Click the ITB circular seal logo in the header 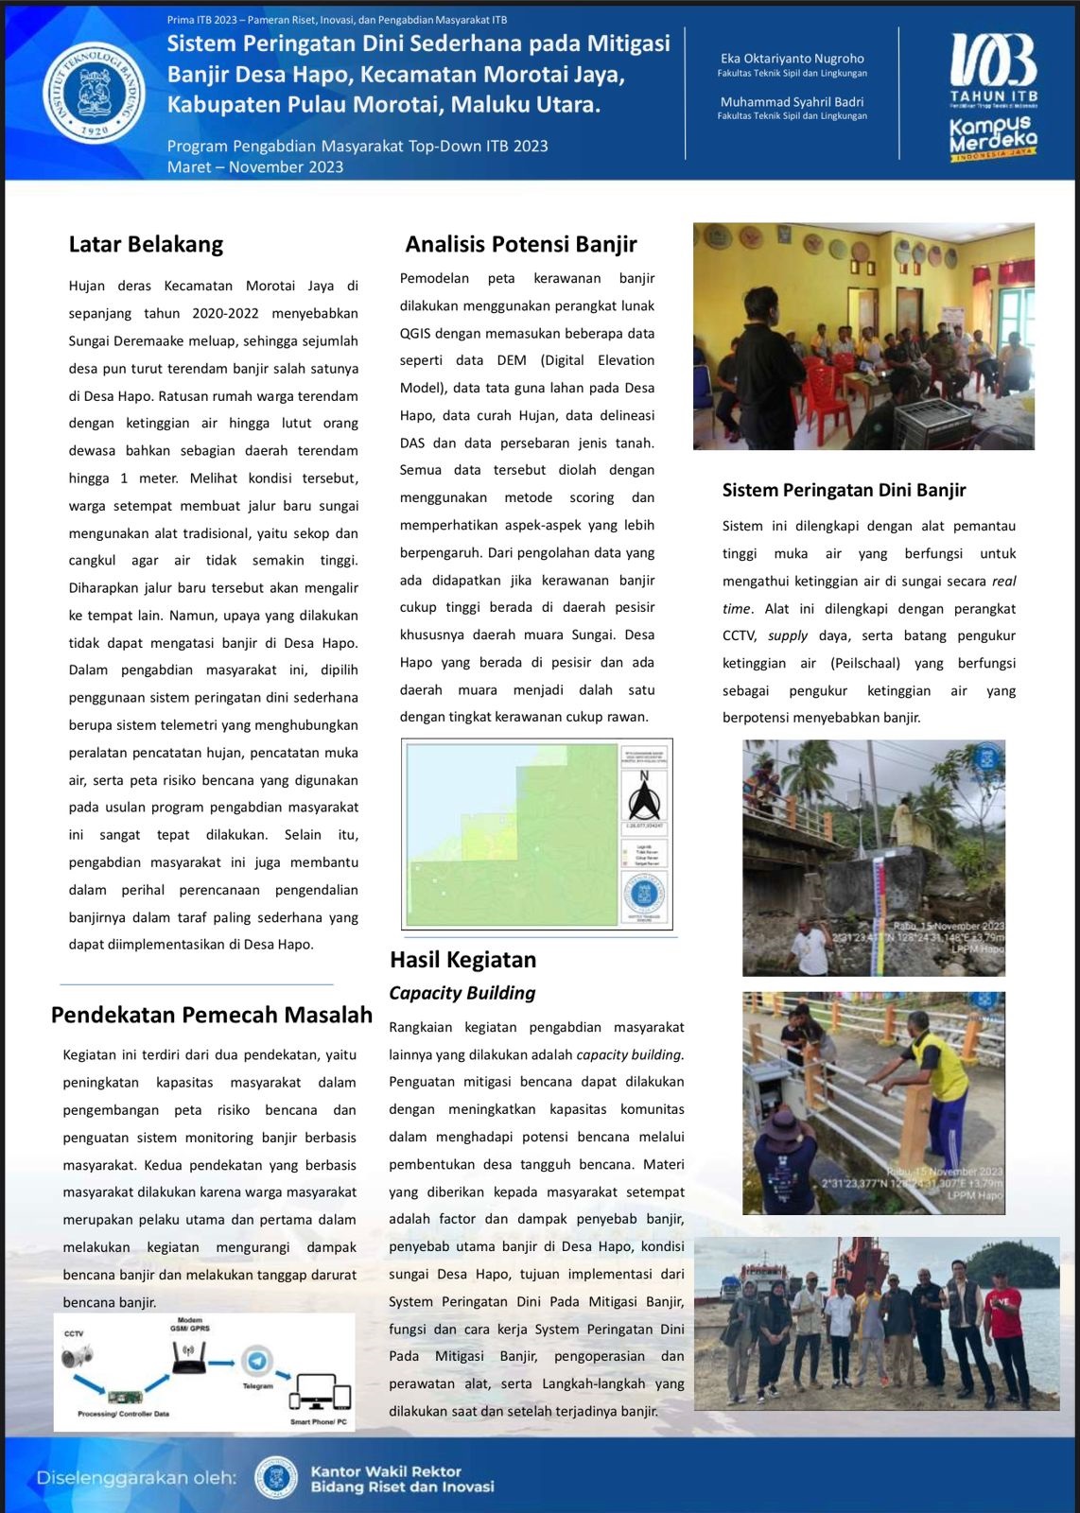(95, 92)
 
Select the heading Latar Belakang (146, 244)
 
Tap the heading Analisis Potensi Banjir (521, 244)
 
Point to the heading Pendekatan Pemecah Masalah (212, 1015)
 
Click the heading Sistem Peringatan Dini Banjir (844, 490)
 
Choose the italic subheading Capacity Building (462, 993)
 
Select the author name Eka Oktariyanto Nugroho (792, 59)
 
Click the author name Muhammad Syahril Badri (792, 102)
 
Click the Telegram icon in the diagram (256, 1362)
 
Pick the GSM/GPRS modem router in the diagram (189, 1358)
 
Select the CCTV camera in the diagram (77, 1358)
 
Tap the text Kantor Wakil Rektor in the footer (386, 1471)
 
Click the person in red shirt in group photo (1003, 1329)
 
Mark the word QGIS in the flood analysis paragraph (415, 333)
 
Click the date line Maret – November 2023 (255, 167)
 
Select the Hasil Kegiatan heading (462, 960)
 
